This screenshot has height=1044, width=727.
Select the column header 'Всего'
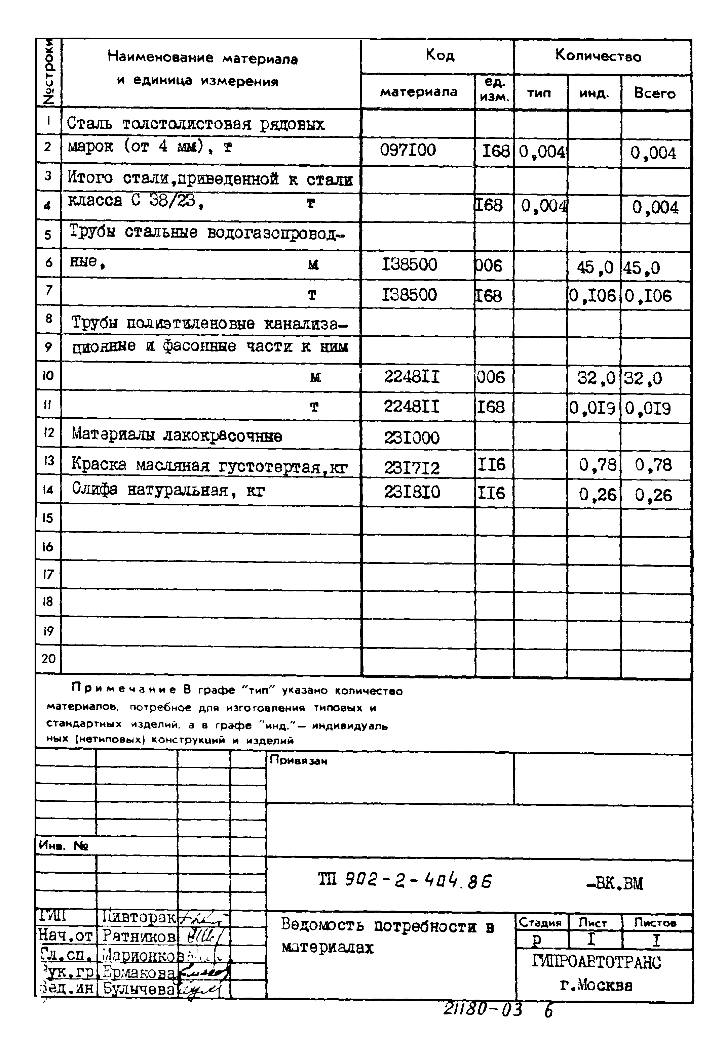(654, 93)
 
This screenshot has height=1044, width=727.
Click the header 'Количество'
(598, 56)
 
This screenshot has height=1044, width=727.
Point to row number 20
(48, 659)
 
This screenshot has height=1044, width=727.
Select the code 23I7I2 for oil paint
(412, 467)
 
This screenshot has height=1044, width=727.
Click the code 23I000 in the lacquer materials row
(411, 438)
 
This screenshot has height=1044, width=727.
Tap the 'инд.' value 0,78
(597, 465)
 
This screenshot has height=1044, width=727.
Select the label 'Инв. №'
(63, 846)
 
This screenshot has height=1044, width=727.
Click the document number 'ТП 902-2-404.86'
(405, 881)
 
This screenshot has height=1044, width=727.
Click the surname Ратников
(139, 936)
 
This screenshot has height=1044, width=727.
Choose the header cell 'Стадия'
(540, 923)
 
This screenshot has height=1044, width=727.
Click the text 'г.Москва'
(596, 985)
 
